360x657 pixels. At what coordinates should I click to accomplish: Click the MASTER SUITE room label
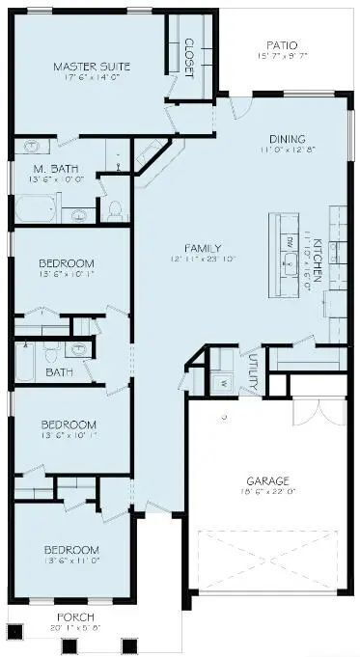click(x=92, y=67)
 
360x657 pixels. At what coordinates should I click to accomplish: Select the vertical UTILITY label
click(x=253, y=371)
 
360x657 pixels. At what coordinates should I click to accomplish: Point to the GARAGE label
click(x=267, y=479)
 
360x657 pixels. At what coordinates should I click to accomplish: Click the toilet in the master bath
click(x=114, y=211)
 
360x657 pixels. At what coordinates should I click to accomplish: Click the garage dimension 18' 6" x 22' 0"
click(x=267, y=491)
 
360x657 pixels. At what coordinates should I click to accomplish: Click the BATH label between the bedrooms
click(x=60, y=371)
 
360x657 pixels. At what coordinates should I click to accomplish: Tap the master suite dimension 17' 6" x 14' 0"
click(x=92, y=79)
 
